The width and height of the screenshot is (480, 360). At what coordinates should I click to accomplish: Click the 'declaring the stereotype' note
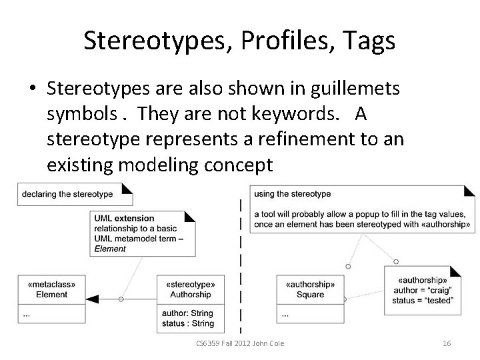67,195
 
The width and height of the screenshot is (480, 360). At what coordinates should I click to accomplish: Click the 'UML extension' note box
141,233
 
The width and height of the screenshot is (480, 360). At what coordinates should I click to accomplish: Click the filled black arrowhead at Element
93,299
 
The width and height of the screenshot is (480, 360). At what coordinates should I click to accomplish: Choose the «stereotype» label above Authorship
191,284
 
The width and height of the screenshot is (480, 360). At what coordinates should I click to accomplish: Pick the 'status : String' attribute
187,324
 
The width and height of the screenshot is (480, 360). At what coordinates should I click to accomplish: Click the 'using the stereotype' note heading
292,194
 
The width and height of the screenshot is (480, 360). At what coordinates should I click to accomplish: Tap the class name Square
310,294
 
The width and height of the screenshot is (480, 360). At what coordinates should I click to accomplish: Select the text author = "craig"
422,291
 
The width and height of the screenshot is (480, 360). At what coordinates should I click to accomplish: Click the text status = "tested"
422,301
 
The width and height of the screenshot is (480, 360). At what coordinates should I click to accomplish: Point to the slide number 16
447,343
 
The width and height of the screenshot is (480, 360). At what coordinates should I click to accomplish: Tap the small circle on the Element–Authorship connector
121,299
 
